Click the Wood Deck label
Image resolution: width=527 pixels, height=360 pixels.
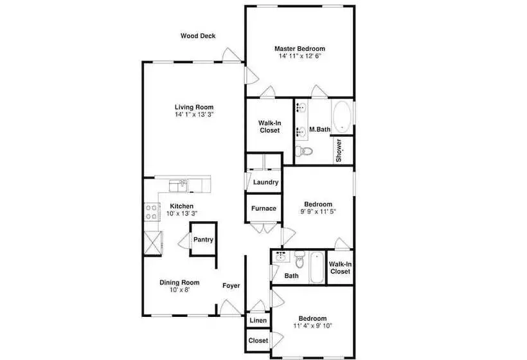[x=198, y=36]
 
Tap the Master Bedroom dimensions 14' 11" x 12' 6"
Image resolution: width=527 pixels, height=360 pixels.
[x=299, y=56]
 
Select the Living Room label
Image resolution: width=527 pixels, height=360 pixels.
[x=194, y=107]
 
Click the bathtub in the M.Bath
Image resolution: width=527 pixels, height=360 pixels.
[x=342, y=118]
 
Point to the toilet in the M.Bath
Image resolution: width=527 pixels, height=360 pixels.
[x=304, y=151]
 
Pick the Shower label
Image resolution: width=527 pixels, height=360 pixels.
[x=339, y=150]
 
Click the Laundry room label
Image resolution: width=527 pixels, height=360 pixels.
[x=265, y=182]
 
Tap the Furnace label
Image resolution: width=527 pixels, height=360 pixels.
[x=264, y=208]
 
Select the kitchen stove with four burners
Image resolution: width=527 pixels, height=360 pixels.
[x=152, y=212]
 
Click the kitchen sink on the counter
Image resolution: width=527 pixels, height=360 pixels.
[x=178, y=186]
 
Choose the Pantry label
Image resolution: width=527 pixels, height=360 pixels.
[x=203, y=240]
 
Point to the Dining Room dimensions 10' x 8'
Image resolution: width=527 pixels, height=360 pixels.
[x=180, y=290]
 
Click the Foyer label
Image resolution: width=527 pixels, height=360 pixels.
[x=231, y=285]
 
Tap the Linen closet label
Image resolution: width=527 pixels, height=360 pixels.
[x=258, y=321]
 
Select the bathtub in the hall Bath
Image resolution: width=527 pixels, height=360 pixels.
[x=317, y=268]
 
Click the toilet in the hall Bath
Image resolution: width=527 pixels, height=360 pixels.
[x=299, y=259]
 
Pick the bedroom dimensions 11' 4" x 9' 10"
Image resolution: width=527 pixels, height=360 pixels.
[x=312, y=326]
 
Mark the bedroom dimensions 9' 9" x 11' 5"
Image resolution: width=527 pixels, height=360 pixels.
[x=318, y=212]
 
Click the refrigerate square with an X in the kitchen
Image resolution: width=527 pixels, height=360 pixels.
[x=153, y=244]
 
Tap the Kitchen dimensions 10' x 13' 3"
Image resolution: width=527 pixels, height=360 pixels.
[x=182, y=213]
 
